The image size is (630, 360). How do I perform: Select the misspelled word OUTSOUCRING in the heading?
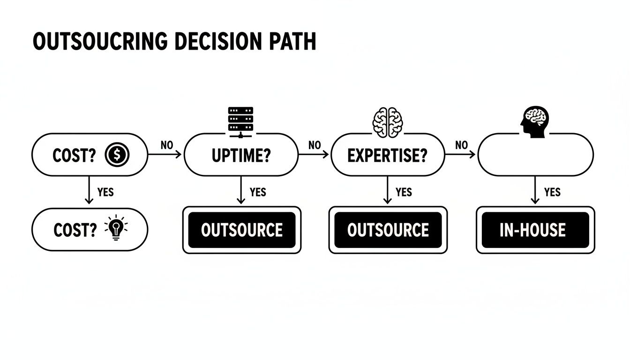pyautogui.click(x=100, y=42)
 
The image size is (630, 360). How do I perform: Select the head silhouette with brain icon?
pyautogui.click(x=534, y=121)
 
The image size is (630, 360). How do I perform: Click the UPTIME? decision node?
pyautogui.click(x=241, y=155)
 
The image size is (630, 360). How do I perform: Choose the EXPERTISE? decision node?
pyautogui.click(x=388, y=155)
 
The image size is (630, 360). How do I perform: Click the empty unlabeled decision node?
pyautogui.click(x=535, y=155)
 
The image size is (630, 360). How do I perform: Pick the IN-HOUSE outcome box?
pyautogui.click(x=535, y=230)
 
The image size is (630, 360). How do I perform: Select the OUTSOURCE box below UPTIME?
pyautogui.click(x=241, y=230)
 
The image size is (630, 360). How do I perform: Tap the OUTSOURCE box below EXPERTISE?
pyautogui.click(x=388, y=230)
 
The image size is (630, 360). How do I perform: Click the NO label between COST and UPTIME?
pyautogui.click(x=166, y=145)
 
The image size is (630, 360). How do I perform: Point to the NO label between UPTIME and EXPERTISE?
pyautogui.click(x=315, y=145)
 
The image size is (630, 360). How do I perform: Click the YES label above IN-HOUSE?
pyautogui.click(x=552, y=192)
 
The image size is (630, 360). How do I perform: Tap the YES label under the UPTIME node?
pyautogui.click(x=258, y=192)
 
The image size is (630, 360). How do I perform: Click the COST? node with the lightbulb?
pyautogui.click(x=90, y=230)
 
